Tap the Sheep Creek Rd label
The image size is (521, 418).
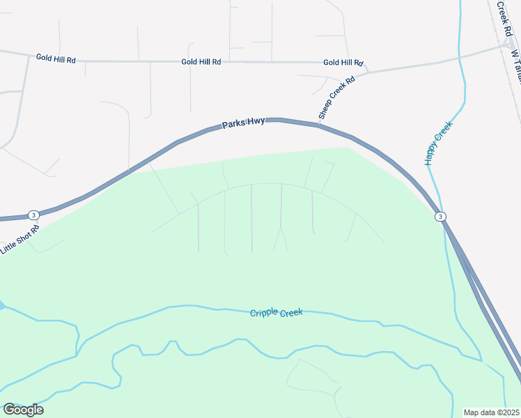tap(337, 97)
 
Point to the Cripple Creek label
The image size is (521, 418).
tap(277, 313)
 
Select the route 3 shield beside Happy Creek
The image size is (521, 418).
tap(440, 217)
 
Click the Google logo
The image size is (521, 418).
tap(23, 409)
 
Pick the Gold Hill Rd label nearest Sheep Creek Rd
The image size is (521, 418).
tap(343, 63)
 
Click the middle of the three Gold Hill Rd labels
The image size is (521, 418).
tap(201, 62)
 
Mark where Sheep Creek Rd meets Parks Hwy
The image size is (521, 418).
tap(320, 124)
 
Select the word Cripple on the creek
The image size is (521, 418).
tap(265, 313)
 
